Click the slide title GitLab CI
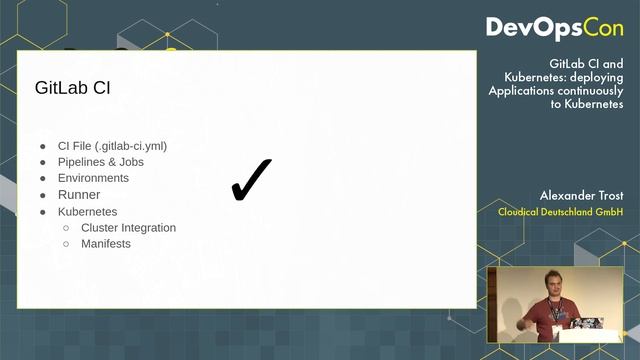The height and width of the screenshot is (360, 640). click(72, 88)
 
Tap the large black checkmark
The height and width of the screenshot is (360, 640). click(251, 179)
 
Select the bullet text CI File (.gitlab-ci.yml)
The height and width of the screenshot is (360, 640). click(112, 145)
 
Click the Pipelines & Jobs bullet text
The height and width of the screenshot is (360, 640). click(100, 162)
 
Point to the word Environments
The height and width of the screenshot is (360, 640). click(93, 178)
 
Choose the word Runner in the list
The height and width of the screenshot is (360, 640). click(79, 195)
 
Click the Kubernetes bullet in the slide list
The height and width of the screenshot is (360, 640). click(87, 212)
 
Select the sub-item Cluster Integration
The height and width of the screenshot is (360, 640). click(128, 228)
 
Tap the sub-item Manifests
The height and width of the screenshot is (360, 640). click(106, 244)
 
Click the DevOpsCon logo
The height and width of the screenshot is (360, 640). click(554, 27)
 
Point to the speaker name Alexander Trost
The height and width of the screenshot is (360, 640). click(581, 195)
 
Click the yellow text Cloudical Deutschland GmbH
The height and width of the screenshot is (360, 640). click(561, 212)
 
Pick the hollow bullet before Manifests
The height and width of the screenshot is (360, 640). click(67, 244)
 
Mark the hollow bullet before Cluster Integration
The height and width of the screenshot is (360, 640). click(67, 228)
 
